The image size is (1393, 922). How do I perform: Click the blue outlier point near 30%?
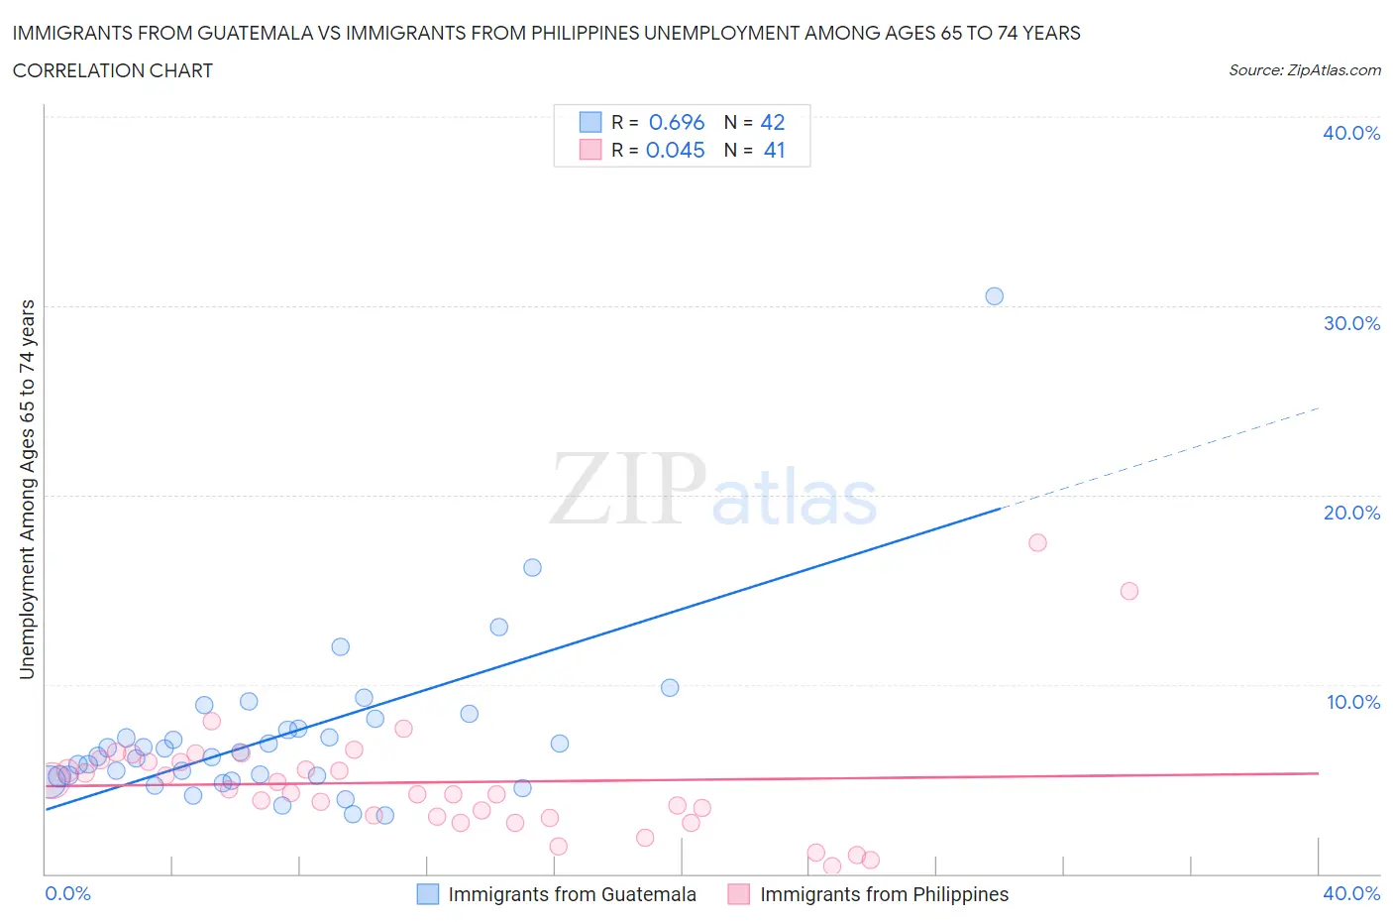click(994, 296)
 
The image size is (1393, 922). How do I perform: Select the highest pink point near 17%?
click(1037, 542)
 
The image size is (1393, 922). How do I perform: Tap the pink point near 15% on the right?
click(1128, 591)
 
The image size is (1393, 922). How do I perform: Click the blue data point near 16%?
click(532, 568)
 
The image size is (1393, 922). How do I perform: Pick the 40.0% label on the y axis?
click(1351, 133)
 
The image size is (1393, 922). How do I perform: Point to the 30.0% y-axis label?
click(1351, 323)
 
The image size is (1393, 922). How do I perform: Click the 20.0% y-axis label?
click(1351, 513)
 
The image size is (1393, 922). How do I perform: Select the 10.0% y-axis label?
click(1352, 702)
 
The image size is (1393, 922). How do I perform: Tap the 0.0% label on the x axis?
click(67, 893)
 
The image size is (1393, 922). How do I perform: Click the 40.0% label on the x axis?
click(1351, 893)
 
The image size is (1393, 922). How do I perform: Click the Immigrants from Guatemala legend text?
click(572, 894)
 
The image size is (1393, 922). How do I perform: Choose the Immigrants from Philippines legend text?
click(884, 894)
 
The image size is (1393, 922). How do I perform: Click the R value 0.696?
click(677, 122)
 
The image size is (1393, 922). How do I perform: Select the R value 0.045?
click(676, 150)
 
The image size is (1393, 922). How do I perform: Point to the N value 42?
click(773, 122)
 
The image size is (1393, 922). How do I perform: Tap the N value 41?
click(774, 150)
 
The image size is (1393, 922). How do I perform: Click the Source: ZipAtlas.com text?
click(1304, 70)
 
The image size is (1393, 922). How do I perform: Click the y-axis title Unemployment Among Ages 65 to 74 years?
click(28, 489)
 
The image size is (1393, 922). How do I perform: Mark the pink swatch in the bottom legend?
click(738, 894)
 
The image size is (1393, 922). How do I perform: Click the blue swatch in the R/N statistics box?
click(590, 122)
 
